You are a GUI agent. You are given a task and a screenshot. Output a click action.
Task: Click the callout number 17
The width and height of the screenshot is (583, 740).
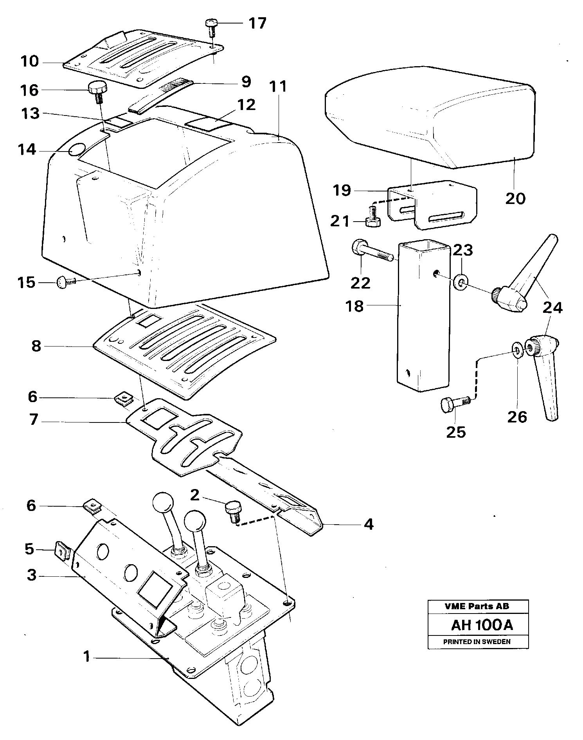tap(257, 23)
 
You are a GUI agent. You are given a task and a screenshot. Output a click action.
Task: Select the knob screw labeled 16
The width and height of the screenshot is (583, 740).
tap(96, 90)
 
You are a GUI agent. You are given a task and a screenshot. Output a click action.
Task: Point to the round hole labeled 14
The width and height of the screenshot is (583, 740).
tap(77, 150)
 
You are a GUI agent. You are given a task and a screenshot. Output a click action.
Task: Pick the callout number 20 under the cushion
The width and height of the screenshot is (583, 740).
tap(515, 199)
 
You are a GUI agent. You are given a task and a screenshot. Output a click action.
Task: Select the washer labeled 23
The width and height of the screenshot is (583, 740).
tap(462, 282)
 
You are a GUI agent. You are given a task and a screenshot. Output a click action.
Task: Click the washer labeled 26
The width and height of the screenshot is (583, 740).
tap(517, 350)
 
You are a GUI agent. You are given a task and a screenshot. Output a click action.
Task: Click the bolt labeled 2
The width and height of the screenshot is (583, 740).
tap(234, 511)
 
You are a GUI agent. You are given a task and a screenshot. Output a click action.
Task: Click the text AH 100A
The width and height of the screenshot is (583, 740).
tap(481, 625)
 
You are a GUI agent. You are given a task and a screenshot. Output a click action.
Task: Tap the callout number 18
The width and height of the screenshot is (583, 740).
tap(354, 306)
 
